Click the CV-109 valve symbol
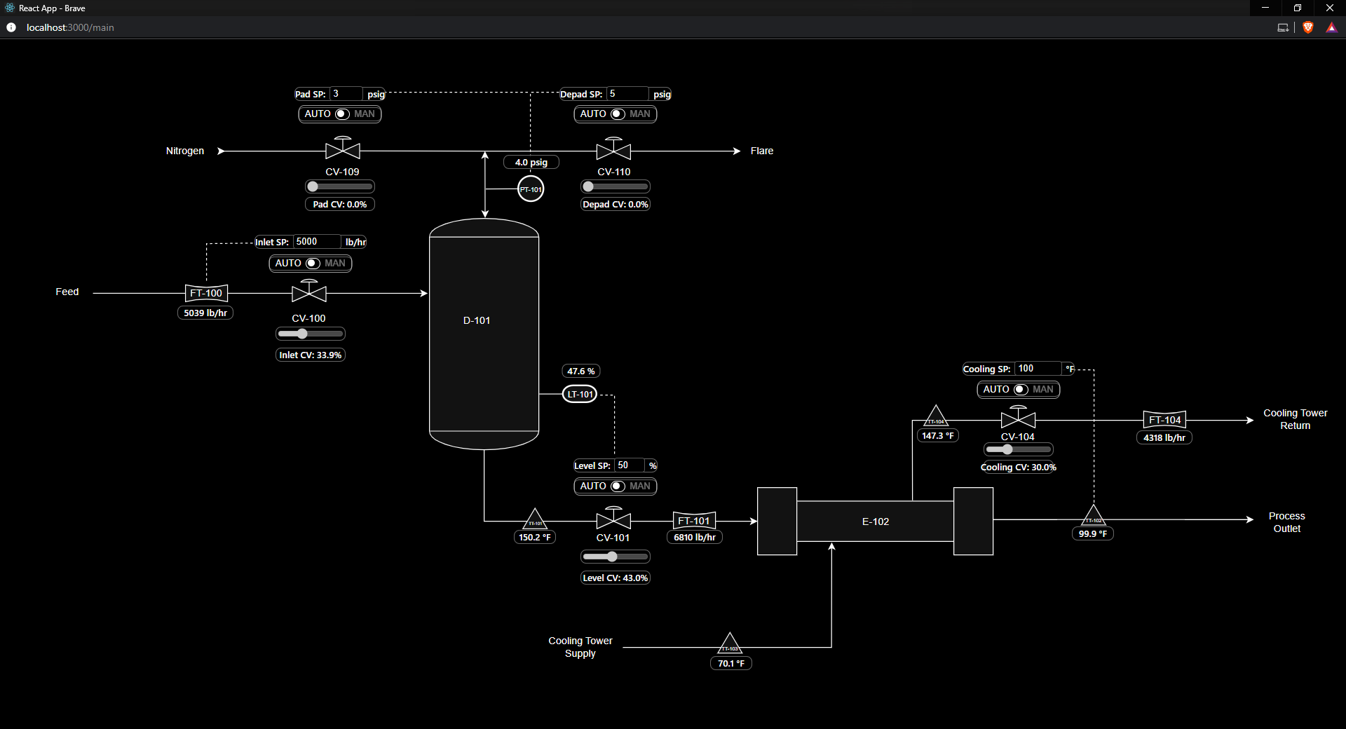coord(343,150)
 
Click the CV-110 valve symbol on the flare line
coord(613,150)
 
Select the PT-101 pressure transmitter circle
coord(531,189)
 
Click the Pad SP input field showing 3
coord(346,94)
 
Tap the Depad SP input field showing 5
coord(627,94)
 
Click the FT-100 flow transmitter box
coord(206,293)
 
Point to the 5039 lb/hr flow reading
coord(205,313)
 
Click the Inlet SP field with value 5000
coord(316,242)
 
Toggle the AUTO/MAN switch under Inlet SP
coord(313,264)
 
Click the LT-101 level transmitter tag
coord(580,395)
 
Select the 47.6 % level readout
coord(581,372)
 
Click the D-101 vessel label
coord(477,320)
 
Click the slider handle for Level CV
coord(612,557)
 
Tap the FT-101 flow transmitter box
coord(694,521)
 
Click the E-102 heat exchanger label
coord(876,522)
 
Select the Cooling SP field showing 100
coord(1038,369)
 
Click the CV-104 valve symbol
coord(1018,419)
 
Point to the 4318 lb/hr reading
coord(1164,438)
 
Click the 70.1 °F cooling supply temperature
coord(731,664)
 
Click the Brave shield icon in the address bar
coord(1308,27)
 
